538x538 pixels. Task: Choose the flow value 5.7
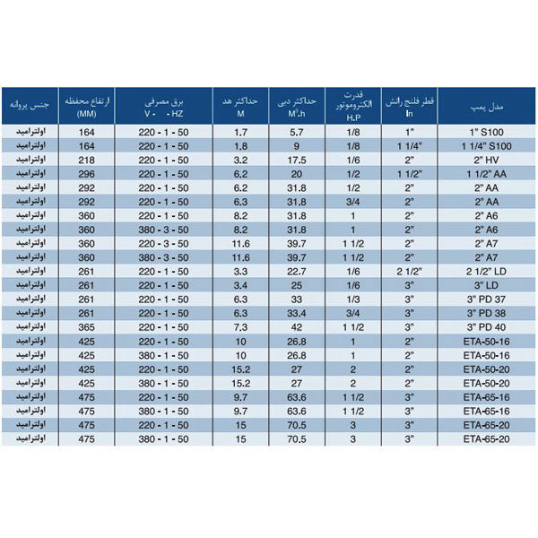pyautogui.click(x=299, y=131)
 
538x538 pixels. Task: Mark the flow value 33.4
pyautogui.click(x=299, y=313)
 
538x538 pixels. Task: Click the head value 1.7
pyautogui.click(x=239, y=131)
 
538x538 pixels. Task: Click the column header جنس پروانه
pyautogui.click(x=29, y=106)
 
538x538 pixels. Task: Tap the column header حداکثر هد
pyautogui.click(x=239, y=105)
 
